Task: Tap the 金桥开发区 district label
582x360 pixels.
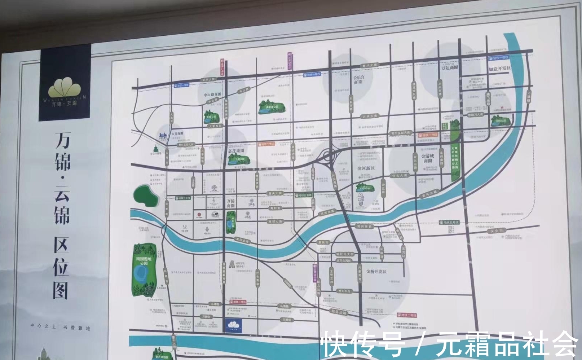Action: (x=376, y=271)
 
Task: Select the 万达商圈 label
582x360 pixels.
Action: (x=449, y=67)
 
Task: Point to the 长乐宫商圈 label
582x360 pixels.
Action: (x=358, y=79)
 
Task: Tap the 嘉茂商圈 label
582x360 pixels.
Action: (x=236, y=151)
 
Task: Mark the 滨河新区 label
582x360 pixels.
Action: (x=366, y=168)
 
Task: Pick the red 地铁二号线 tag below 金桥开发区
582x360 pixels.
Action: (x=406, y=315)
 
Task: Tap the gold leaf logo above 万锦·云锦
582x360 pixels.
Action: (x=65, y=87)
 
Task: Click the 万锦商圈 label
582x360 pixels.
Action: (x=231, y=203)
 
